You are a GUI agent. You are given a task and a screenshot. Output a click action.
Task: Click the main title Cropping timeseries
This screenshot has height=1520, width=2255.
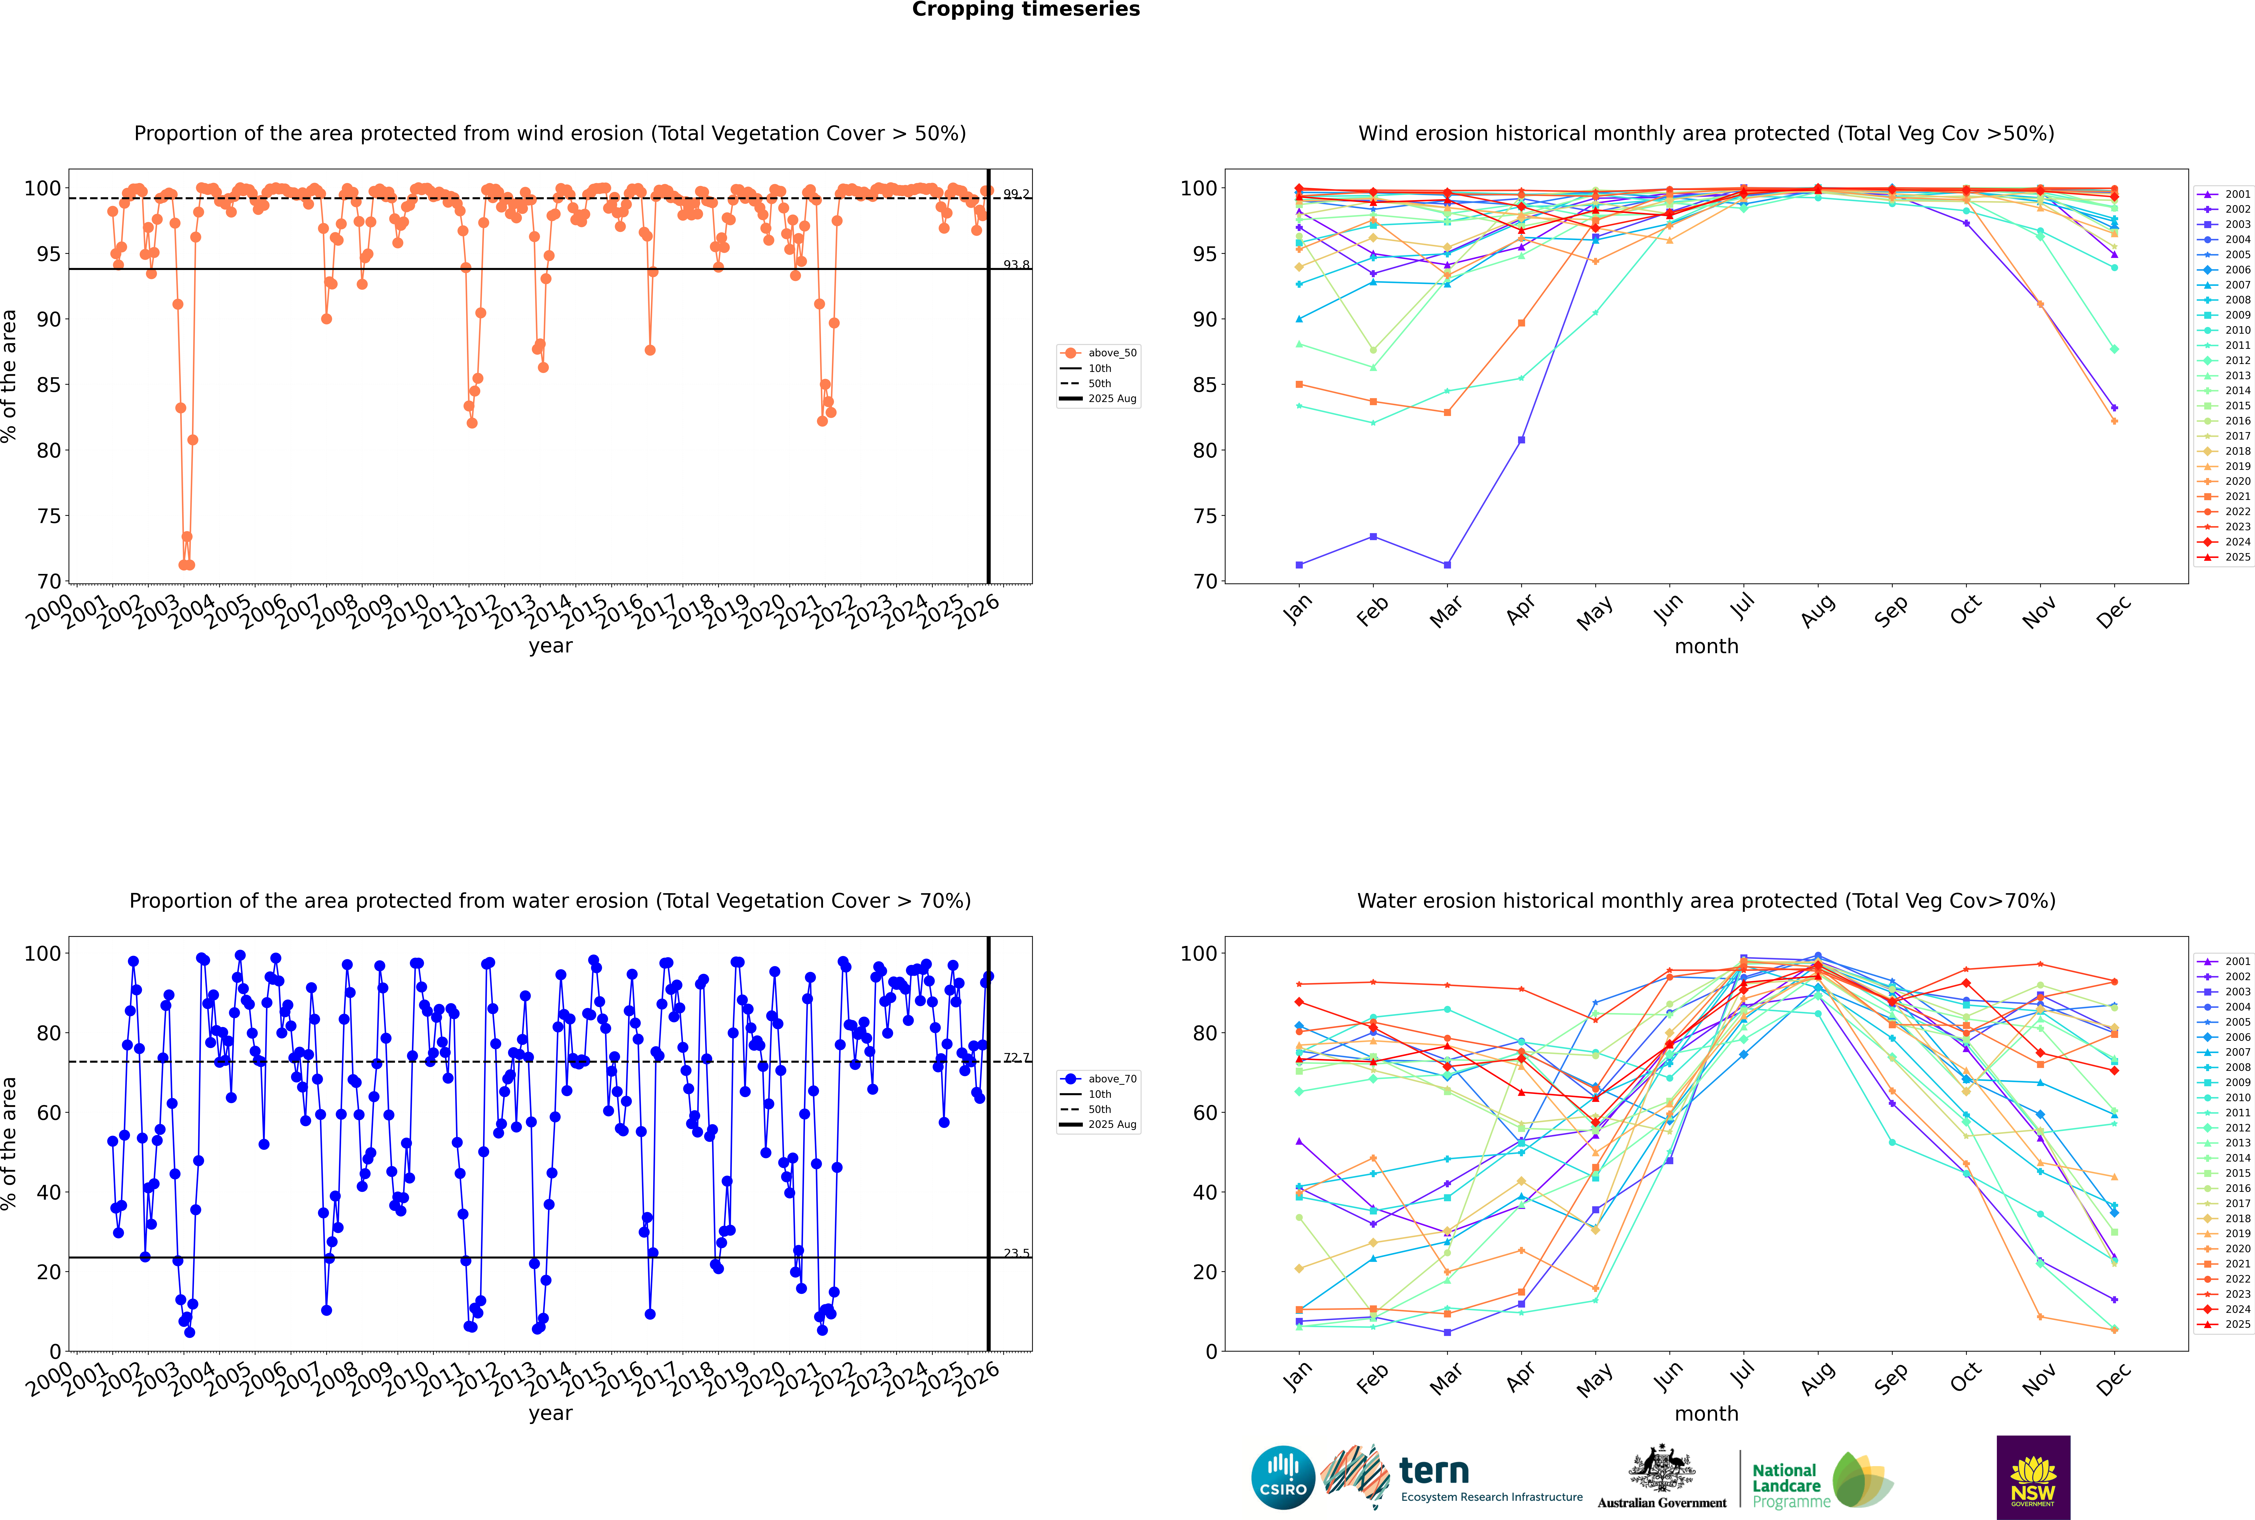(x=1026, y=10)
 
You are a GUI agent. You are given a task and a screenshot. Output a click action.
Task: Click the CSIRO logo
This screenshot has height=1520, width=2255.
(x=1283, y=1477)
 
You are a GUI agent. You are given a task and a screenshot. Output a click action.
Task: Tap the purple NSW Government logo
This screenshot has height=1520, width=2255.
(x=2033, y=1476)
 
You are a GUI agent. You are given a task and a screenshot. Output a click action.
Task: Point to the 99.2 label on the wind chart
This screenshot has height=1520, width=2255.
(x=1016, y=194)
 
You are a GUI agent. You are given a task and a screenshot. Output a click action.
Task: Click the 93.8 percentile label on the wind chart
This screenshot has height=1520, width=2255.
(x=1016, y=265)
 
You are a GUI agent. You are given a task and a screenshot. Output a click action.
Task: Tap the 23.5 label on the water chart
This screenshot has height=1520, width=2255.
(x=1016, y=1253)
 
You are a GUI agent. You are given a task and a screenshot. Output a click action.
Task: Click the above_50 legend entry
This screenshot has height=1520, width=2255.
(x=1111, y=353)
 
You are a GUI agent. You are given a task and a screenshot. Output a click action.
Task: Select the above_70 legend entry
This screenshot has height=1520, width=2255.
(x=1111, y=1079)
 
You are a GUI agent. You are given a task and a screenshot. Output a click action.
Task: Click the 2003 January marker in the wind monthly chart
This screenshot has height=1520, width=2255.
(x=1299, y=564)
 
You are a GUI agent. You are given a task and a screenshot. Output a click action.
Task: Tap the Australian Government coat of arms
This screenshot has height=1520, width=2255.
(x=1662, y=1469)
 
